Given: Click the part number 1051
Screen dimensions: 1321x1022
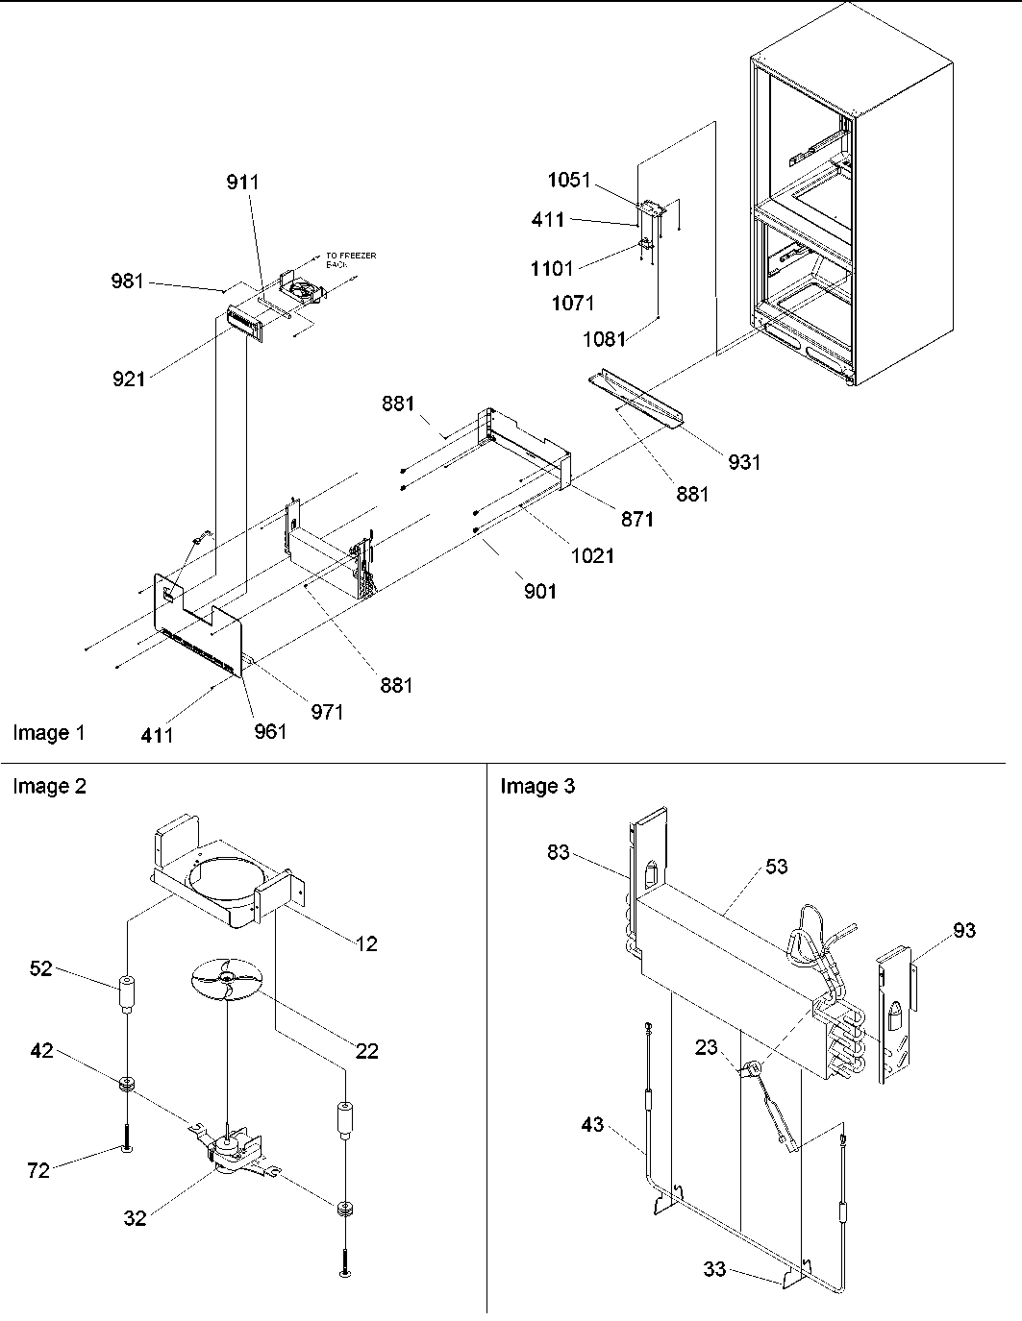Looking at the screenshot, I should click(x=569, y=180).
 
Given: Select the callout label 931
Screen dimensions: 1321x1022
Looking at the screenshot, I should click(x=743, y=462).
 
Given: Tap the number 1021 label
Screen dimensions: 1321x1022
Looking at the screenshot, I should click(x=591, y=555).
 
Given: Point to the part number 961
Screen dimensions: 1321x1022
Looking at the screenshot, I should click(x=270, y=731).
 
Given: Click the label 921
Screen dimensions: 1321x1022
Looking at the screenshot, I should click(x=128, y=379).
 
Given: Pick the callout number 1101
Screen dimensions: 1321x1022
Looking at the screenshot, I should click(x=552, y=269).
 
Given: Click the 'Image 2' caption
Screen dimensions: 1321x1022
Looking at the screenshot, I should click(x=49, y=787).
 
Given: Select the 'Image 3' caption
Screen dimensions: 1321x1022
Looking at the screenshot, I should click(x=537, y=787).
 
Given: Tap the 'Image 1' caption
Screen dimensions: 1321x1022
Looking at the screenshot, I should click(x=49, y=734).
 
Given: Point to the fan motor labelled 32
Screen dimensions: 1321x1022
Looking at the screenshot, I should click(x=231, y=1149).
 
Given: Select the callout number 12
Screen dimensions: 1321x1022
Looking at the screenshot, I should click(x=366, y=944).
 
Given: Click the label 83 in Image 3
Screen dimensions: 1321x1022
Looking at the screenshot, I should click(x=560, y=852).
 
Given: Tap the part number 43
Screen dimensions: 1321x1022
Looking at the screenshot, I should click(x=592, y=1123).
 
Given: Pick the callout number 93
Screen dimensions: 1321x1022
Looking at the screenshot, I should click(x=964, y=930).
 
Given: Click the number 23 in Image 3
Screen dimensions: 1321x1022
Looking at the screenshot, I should click(x=707, y=1047).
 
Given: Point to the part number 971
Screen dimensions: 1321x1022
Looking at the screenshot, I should click(x=327, y=712).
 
